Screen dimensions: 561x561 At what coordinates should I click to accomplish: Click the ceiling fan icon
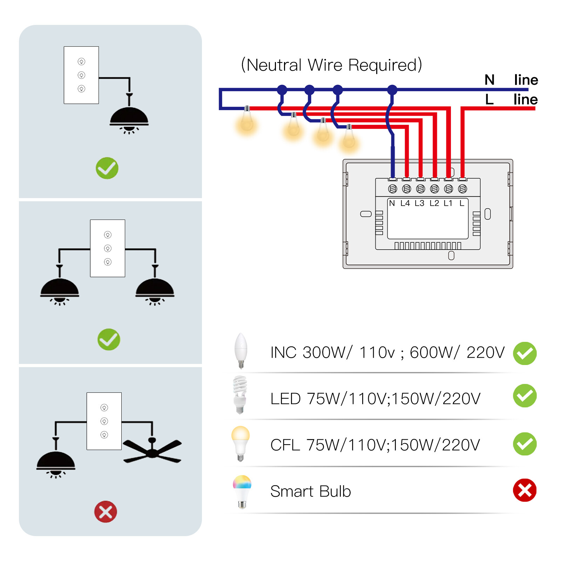pyautogui.click(x=152, y=452)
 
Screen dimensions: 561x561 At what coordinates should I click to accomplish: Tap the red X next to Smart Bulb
pyautogui.click(x=525, y=490)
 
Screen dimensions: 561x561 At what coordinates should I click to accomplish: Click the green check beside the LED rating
pyautogui.click(x=525, y=396)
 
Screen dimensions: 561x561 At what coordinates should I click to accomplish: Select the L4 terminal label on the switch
pyautogui.click(x=405, y=203)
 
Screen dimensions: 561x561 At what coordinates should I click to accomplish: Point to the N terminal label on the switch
pyautogui.click(x=392, y=203)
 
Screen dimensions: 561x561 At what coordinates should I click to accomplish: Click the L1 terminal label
pyautogui.click(x=448, y=203)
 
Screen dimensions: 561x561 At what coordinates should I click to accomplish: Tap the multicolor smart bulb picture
pyautogui.click(x=242, y=491)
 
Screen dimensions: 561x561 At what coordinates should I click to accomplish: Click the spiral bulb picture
pyautogui.click(x=240, y=394)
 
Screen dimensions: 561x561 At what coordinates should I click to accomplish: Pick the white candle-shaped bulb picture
pyautogui.click(x=241, y=350)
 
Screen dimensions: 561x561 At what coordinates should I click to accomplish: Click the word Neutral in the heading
pyautogui.click(x=274, y=65)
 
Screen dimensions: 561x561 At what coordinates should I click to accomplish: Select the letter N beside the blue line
pyautogui.click(x=489, y=80)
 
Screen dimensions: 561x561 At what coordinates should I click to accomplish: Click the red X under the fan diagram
pyautogui.click(x=106, y=512)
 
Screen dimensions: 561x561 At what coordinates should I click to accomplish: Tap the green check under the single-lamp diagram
pyautogui.click(x=107, y=168)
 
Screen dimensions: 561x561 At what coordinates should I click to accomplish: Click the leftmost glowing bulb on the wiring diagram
pyautogui.click(x=247, y=121)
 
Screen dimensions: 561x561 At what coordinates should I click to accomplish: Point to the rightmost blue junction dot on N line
pyautogui.click(x=392, y=90)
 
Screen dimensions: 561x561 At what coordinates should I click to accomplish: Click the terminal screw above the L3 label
pyautogui.click(x=420, y=189)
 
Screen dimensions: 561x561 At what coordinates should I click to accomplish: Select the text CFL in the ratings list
pyautogui.click(x=285, y=445)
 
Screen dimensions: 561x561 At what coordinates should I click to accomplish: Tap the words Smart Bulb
pyautogui.click(x=310, y=491)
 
